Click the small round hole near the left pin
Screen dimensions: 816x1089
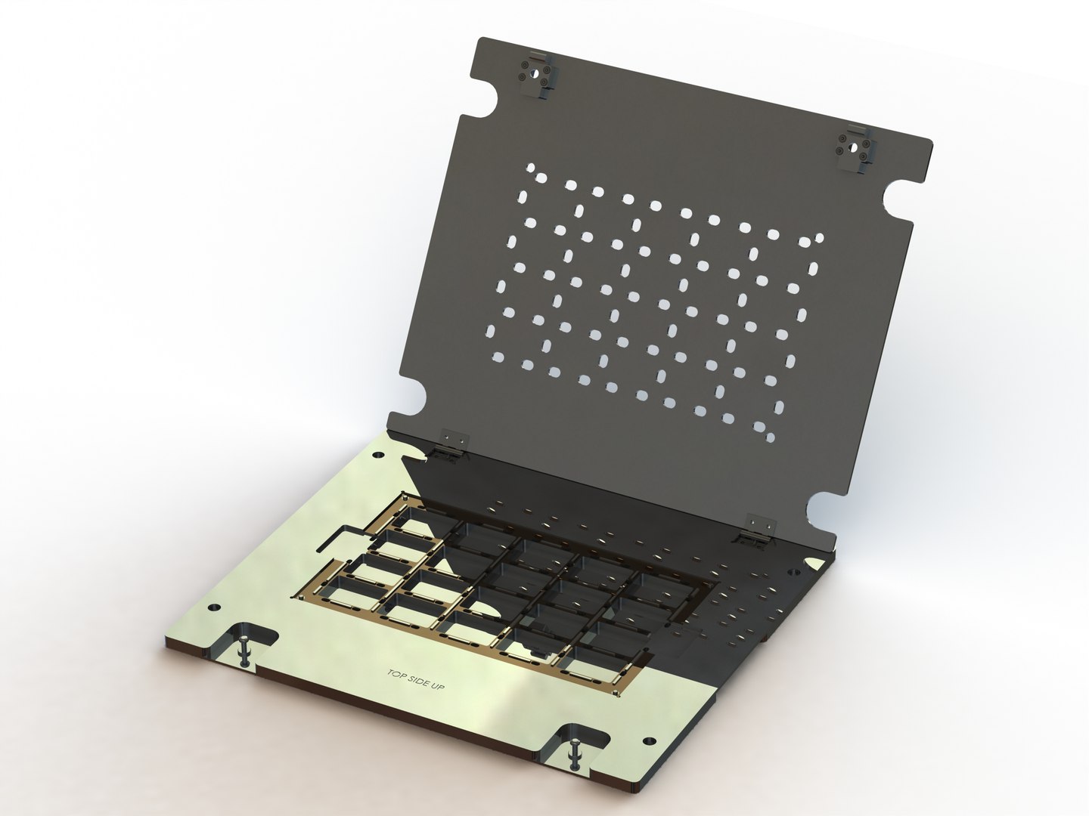coord(213,607)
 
